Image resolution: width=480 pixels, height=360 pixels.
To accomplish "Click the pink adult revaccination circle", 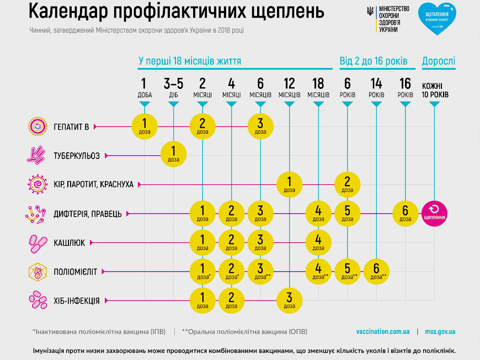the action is [x=434, y=214].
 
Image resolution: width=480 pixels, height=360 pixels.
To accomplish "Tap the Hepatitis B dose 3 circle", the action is [x=260, y=126].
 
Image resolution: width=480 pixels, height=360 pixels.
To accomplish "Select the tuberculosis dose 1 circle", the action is [x=173, y=154].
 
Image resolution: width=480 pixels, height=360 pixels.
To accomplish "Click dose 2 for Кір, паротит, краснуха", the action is [x=347, y=184].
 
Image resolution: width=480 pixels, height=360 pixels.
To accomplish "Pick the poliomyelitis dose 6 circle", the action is [x=376, y=272].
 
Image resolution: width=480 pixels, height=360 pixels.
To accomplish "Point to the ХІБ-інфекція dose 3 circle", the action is [x=289, y=300].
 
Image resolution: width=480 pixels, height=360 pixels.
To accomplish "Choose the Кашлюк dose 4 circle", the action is [x=318, y=242].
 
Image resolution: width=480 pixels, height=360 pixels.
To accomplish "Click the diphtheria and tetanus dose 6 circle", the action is [x=405, y=214].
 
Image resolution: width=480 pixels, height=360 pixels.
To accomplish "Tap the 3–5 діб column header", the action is [x=173, y=88].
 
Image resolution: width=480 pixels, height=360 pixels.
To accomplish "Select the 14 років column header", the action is [x=376, y=88].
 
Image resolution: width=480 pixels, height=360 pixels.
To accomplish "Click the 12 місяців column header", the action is [x=289, y=88].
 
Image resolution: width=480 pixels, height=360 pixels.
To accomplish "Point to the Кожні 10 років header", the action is [x=435, y=90].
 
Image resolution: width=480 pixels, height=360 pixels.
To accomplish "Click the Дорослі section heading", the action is [x=439, y=61].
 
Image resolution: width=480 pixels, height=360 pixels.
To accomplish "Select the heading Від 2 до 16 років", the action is [x=374, y=61].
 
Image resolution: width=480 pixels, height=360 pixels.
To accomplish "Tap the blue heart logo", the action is [x=437, y=18].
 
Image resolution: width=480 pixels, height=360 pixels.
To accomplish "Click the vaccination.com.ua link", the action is [x=383, y=331].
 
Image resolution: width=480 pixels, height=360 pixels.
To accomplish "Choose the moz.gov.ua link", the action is [x=440, y=331].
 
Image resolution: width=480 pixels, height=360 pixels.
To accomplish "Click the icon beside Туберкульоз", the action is [x=36, y=155].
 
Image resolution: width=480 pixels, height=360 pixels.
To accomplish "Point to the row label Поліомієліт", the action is [x=75, y=272].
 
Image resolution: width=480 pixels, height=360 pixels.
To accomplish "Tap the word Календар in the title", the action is [x=68, y=11].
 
